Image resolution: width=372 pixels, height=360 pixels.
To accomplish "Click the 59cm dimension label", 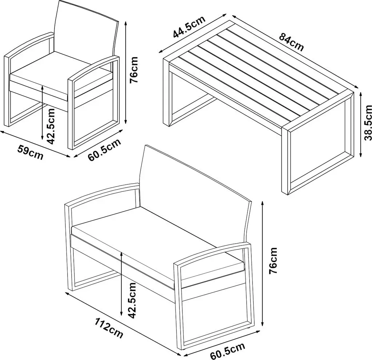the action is [x=30, y=153].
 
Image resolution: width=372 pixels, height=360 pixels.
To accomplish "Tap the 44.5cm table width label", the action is [x=189, y=27].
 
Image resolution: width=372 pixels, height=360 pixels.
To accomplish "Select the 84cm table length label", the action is [x=291, y=42].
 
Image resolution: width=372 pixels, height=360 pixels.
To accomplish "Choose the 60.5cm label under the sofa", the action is [x=227, y=351].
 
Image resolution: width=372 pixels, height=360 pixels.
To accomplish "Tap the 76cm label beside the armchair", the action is [x=134, y=69].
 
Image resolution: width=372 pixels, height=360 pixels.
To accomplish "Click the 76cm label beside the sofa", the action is [x=273, y=260].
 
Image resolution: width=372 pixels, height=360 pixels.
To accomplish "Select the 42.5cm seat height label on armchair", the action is [x=51, y=126].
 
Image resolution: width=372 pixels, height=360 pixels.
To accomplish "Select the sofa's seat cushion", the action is [x=158, y=247].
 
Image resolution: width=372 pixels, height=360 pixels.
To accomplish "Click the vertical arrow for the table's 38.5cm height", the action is [x=361, y=125].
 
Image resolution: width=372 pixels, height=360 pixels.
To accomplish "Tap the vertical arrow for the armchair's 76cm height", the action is [x=126, y=72].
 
